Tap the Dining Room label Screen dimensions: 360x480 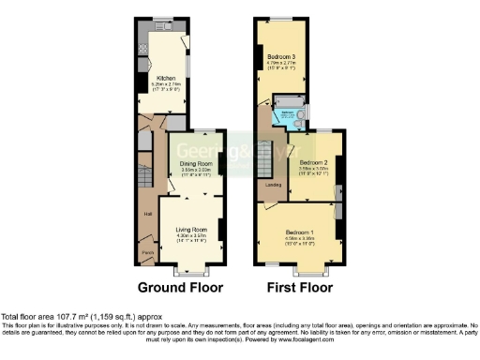(195, 165)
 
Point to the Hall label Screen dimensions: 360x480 (148, 215)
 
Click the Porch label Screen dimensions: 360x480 (147, 252)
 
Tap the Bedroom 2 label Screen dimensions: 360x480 (313, 162)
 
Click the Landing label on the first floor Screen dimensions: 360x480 (273, 185)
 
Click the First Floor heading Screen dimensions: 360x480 (299, 287)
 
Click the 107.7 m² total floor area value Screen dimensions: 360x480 (74, 317)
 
